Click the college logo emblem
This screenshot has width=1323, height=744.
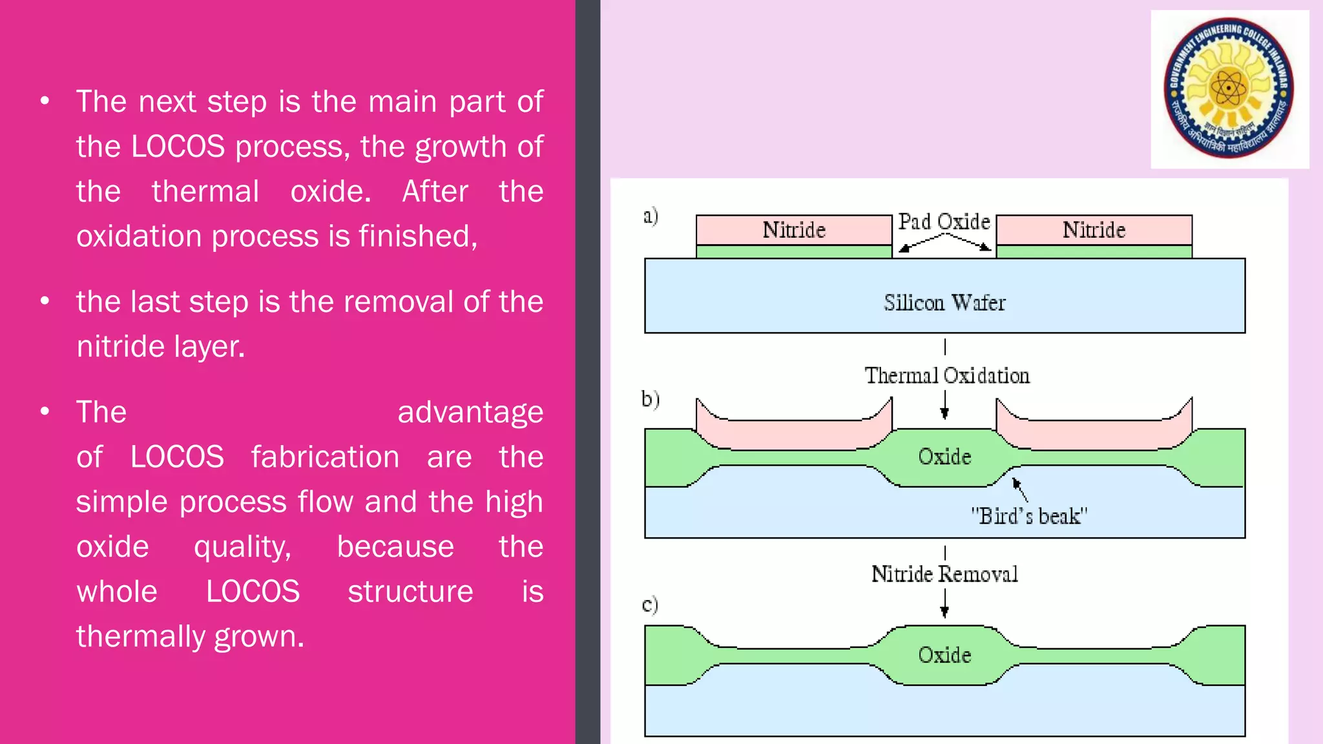click(1229, 88)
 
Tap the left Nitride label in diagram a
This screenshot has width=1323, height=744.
click(794, 230)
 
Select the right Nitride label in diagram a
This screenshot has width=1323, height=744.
click(1094, 230)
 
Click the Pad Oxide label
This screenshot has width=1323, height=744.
click(944, 222)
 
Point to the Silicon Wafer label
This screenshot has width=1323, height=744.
click(944, 302)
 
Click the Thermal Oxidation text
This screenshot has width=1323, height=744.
click(947, 375)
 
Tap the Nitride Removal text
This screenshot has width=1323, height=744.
click(944, 573)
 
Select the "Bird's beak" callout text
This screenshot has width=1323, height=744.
click(1029, 516)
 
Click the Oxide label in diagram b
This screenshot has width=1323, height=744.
click(944, 457)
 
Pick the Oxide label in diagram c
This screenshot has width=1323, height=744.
click(944, 655)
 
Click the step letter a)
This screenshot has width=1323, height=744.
click(651, 216)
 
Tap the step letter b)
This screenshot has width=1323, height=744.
click(651, 399)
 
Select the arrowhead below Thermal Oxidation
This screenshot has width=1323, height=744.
click(944, 413)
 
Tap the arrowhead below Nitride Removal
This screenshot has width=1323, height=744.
click(944, 612)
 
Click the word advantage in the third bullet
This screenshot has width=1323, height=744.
click(470, 413)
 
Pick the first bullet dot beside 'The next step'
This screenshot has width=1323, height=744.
click(45, 101)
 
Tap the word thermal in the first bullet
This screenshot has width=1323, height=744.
click(205, 192)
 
